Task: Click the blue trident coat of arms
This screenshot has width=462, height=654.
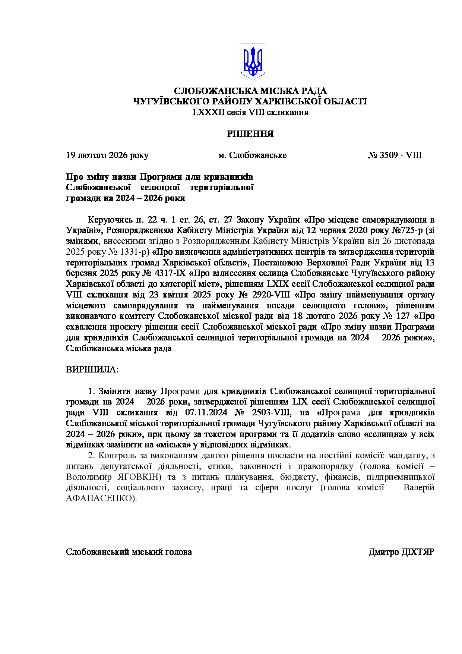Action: pos(253,61)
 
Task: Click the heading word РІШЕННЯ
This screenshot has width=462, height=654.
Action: pos(250,134)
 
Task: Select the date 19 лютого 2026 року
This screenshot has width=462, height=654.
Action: pos(107,155)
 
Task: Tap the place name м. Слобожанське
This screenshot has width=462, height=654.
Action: pos(252,155)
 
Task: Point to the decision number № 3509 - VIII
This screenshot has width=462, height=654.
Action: pos(395,155)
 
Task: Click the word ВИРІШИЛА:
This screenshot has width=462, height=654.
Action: pos(92,370)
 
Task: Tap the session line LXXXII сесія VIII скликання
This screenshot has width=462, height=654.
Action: pos(250,112)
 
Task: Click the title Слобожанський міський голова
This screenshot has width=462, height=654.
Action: pos(129,552)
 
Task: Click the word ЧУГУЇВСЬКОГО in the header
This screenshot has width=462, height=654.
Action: pos(172,101)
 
